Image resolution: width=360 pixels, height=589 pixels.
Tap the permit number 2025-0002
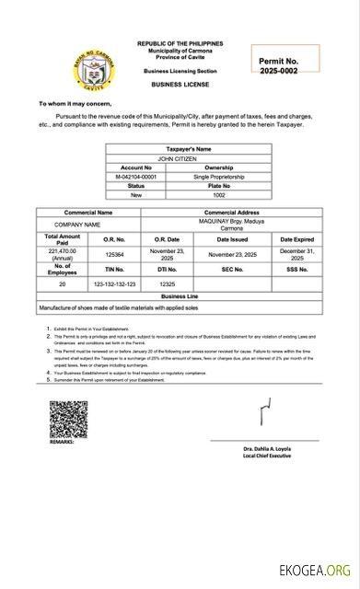click(279, 71)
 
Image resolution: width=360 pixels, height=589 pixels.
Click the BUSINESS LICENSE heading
click(180, 84)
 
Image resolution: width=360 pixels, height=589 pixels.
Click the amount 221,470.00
click(62, 253)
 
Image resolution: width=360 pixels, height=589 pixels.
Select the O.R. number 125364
click(115, 254)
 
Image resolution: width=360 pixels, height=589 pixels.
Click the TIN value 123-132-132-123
click(115, 284)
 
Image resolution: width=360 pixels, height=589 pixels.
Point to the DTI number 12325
click(167, 284)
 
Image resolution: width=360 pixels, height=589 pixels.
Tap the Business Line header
click(180, 297)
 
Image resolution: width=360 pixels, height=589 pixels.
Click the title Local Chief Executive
click(268, 456)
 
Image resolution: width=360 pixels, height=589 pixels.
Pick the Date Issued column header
click(232, 238)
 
